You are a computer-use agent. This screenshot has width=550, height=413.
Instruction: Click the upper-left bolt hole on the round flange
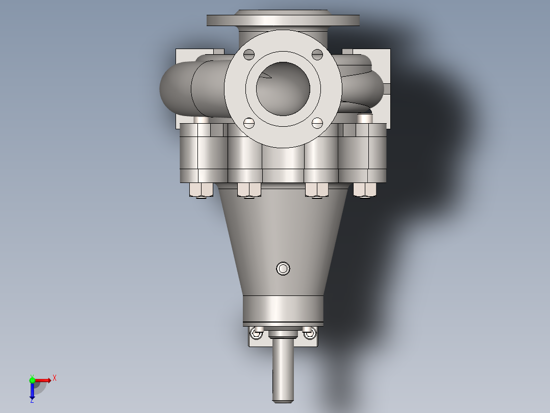[x=248, y=55]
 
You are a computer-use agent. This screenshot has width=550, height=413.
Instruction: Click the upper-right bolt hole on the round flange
[x=317, y=55]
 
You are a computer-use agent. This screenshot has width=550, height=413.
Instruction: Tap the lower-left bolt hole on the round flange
[x=248, y=123]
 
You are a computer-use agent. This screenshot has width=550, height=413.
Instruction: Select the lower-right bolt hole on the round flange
[x=317, y=123]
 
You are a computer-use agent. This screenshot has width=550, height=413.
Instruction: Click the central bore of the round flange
[x=283, y=88]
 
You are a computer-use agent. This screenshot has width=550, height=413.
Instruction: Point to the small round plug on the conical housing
[x=283, y=268]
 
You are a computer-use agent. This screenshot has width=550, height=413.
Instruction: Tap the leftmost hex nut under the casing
[x=202, y=190]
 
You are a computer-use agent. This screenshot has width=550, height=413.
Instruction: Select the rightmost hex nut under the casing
[x=365, y=190]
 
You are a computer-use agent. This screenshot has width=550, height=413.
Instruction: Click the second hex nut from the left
[x=249, y=190]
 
